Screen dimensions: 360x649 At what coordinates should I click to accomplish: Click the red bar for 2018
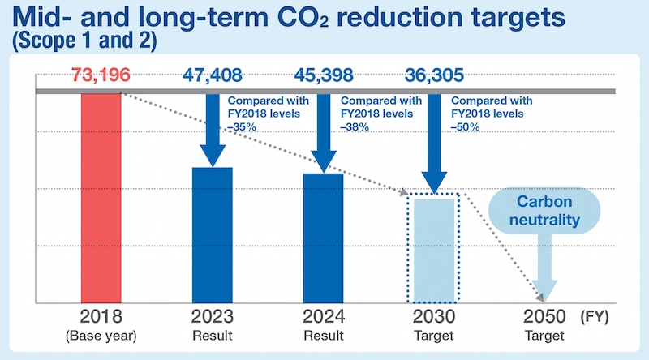tap(101, 198)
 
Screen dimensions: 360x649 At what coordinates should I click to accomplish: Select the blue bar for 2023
tap(213, 235)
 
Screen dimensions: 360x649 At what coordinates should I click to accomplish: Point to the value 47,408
tap(212, 77)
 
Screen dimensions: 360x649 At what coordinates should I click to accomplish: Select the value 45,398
tap(323, 77)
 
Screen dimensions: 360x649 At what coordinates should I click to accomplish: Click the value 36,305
tap(434, 77)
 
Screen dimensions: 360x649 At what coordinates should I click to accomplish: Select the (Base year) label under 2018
tap(101, 334)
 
